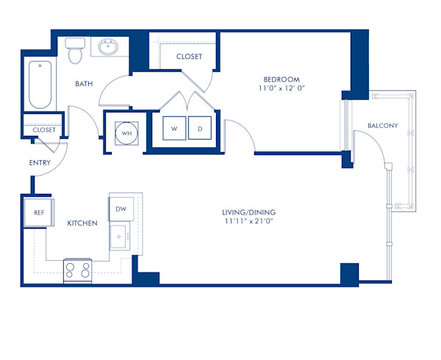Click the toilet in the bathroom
[x=73, y=52]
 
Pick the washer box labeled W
[x=175, y=129]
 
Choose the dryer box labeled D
[x=199, y=129]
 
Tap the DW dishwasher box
[x=121, y=209]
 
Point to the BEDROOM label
[x=282, y=79]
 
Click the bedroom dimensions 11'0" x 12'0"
[x=282, y=90]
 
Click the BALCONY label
[x=382, y=126]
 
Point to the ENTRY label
[x=39, y=162]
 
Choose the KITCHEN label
[x=82, y=223]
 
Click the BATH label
[x=85, y=84]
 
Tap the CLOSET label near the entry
[x=44, y=130]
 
